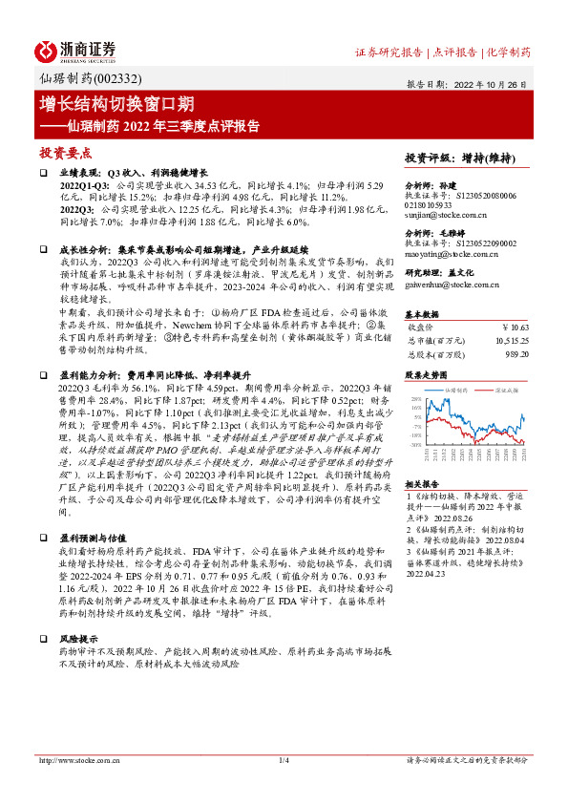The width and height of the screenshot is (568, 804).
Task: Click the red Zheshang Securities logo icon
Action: click(x=48, y=51)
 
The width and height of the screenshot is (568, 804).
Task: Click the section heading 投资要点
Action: click(x=65, y=152)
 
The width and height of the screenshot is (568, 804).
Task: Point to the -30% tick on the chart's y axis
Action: click(x=412, y=444)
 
